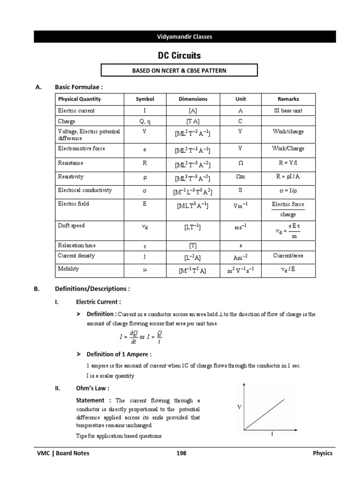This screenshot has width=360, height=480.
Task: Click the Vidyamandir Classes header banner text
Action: (x=185, y=37)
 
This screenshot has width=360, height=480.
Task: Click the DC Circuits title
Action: (x=179, y=55)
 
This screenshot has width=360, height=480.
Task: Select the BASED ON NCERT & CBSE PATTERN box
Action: (x=180, y=70)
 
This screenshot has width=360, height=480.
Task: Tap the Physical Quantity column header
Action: (x=79, y=99)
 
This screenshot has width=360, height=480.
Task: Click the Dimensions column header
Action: (x=193, y=99)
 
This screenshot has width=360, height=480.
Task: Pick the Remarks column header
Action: (x=288, y=99)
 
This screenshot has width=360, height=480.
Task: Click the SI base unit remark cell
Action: (x=288, y=111)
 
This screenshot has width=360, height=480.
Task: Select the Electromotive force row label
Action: (x=82, y=149)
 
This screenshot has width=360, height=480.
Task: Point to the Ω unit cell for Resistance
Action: (x=240, y=163)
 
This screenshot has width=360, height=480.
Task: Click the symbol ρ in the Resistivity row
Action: (x=144, y=177)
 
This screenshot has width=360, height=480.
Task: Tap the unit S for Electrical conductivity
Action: (x=240, y=190)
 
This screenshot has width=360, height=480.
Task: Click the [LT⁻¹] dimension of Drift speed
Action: (x=193, y=227)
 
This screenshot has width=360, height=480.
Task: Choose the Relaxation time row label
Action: (x=78, y=245)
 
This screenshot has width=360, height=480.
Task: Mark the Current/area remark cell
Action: (x=288, y=255)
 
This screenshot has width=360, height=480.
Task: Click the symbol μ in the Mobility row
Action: (x=144, y=269)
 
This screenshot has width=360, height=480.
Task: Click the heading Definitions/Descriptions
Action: (x=92, y=289)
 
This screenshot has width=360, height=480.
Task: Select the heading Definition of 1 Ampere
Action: (x=119, y=354)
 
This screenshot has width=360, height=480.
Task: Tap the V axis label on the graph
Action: (x=239, y=407)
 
